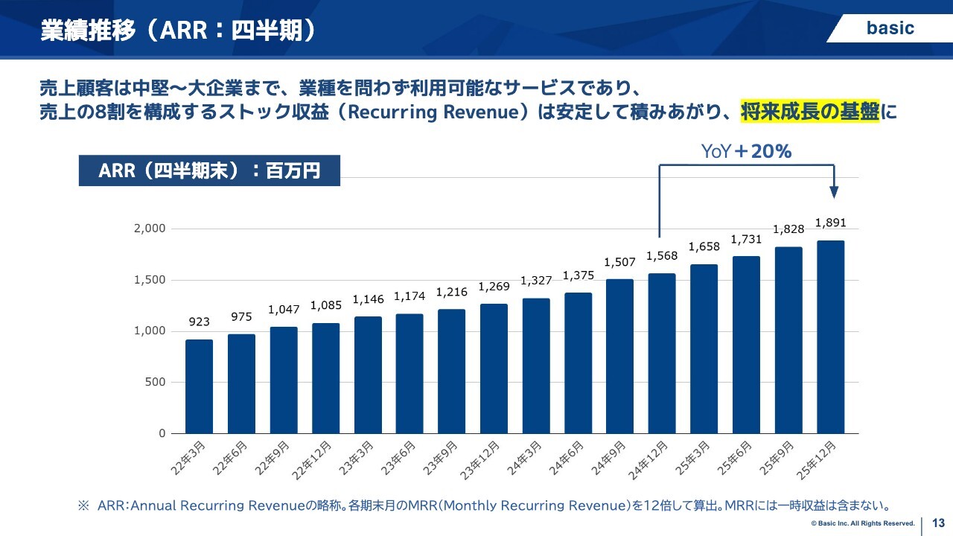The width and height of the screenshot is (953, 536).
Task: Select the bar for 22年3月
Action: [x=199, y=386]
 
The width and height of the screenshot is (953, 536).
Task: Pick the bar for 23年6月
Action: [x=409, y=373]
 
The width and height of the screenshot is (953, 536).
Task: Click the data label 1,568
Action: [x=662, y=256]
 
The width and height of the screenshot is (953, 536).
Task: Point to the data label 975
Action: [x=241, y=317]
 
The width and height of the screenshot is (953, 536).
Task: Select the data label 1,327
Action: [x=536, y=281]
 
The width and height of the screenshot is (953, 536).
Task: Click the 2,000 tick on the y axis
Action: [x=149, y=229]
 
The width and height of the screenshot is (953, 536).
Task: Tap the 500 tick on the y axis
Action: [x=155, y=382]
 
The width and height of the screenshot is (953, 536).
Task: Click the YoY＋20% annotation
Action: [x=746, y=152]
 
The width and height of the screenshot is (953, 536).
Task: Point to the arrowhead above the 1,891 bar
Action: [x=835, y=192]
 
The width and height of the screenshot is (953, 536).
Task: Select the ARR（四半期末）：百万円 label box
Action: [x=209, y=170]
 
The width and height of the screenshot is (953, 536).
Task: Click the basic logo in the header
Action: [x=890, y=28]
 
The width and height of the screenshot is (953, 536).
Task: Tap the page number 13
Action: [x=938, y=523]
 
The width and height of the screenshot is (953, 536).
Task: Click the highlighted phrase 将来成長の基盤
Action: [x=810, y=112]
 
